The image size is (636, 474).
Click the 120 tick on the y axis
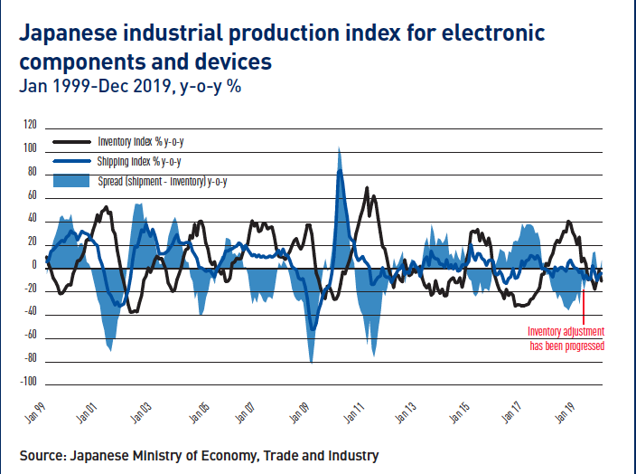pos(31,125)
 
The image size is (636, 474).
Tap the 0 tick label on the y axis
pos(34,266)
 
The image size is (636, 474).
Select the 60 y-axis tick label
pos(32,195)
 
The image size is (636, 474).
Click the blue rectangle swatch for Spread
pos(71,181)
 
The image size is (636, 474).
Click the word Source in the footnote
pos(44,455)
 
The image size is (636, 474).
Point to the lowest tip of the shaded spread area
pos(311,363)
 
